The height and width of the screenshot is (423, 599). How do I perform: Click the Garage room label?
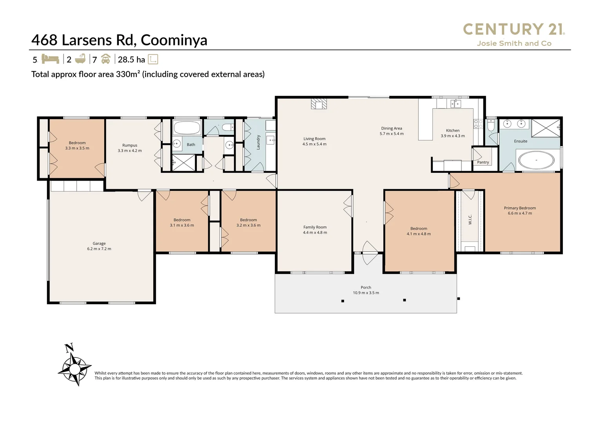point(99,244)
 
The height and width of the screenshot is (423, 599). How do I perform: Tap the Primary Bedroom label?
point(520,208)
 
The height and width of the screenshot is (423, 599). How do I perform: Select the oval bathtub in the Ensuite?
point(536,160)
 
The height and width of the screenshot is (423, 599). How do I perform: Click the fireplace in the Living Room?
point(319,104)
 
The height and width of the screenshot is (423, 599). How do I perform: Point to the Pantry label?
point(483,162)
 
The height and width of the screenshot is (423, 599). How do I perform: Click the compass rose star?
point(75,369)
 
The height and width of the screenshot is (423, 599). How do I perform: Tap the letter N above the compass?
point(69,347)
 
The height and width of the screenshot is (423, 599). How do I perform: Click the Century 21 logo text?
point(514,29)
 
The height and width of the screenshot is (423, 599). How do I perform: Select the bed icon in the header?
point(50,59)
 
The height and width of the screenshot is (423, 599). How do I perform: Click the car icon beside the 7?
point(106,59)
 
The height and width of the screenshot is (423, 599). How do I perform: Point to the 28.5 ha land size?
point(131,60)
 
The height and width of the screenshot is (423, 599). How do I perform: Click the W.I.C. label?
point(470,220)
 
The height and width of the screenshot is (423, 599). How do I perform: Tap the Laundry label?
point(258,143)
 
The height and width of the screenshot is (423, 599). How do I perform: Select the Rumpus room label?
point(130,145)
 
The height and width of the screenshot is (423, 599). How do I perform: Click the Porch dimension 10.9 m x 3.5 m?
point(366,293)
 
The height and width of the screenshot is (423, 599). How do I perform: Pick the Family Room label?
point(315,227)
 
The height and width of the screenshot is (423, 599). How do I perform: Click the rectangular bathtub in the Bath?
point(187,128)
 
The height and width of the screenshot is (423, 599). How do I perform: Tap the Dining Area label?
point(392,128)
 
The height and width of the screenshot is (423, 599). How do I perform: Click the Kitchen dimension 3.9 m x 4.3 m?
point(453,136)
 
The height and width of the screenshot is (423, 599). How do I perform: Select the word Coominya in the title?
point(174,40)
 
